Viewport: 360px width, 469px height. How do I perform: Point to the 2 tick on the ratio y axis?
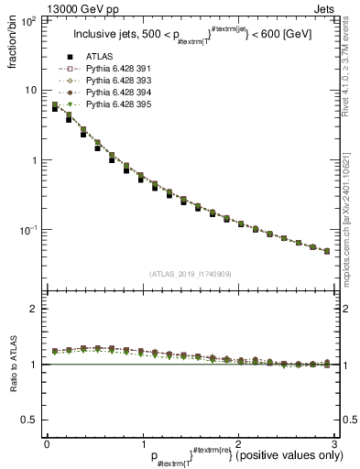(x=35, y=310)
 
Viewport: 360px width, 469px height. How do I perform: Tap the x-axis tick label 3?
(x=335, y=442)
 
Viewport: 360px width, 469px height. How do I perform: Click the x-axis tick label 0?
(x=47, y=442)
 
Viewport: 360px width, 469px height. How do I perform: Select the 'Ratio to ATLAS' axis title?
(x=17, y=364)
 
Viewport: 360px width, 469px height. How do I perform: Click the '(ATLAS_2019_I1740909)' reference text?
(x=190, y=273)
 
